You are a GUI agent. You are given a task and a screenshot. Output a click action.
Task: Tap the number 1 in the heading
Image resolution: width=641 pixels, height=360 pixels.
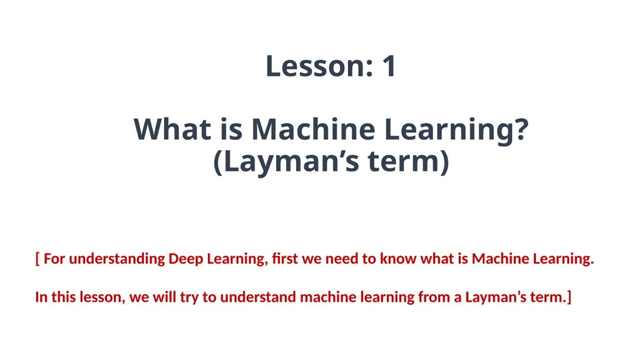pyautogui.click(x=389, y=66)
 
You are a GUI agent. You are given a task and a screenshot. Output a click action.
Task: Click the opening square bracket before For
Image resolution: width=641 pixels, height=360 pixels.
pyautogui.click(x=38, y=259)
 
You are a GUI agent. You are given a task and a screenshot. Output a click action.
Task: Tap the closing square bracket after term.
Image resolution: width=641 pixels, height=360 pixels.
pyautogui.click(x=569, y=297)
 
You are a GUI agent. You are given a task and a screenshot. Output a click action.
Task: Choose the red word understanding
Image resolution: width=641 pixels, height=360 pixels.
pyautogui.click(x=117, y=259)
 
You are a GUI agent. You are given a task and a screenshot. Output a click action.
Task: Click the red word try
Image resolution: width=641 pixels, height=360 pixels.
pyautogui.click(x=190, y=297)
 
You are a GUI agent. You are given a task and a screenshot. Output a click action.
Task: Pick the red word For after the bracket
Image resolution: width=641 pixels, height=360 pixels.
pyautogui.click(x=54, y=259)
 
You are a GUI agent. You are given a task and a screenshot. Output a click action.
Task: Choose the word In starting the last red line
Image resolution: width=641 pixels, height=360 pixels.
pyautogui.click(x=41, y=297)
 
